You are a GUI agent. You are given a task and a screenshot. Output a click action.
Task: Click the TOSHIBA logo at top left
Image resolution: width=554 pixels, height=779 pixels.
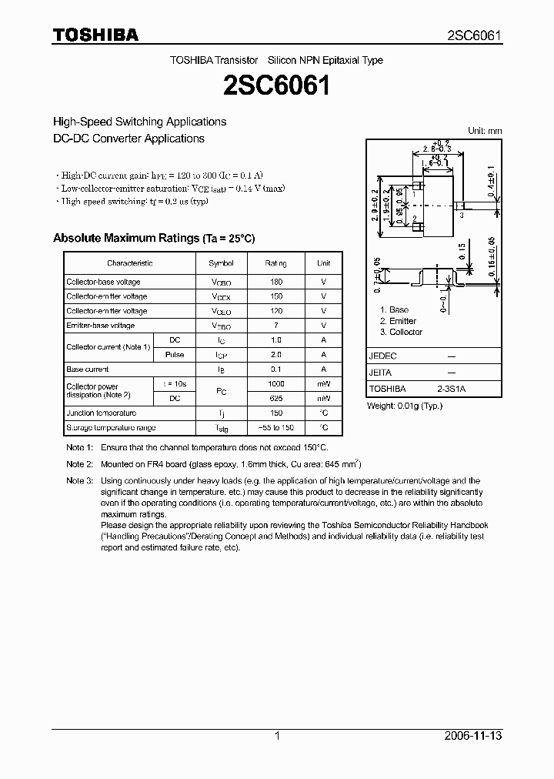coord(95,35)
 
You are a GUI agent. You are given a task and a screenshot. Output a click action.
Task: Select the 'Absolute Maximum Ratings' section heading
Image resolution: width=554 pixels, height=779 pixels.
coord(153,238)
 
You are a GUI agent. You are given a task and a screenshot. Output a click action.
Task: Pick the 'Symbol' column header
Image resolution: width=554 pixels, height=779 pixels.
coord(222,263)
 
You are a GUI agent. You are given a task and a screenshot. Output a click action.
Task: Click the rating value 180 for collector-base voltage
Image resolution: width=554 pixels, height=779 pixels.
coord(276,282)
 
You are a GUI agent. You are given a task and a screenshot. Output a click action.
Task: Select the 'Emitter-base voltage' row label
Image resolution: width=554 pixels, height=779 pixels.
coord(100,326)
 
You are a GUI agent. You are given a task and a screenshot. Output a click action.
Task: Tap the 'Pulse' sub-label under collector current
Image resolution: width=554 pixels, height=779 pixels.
coord(175,355)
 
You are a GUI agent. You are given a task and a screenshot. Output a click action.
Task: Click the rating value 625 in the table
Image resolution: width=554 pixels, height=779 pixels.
coord(276,399)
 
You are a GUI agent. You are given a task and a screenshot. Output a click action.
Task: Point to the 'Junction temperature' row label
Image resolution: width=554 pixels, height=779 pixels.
coord(101,413)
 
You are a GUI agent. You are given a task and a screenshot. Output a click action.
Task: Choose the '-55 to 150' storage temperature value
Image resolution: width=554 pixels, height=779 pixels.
coord(276,428)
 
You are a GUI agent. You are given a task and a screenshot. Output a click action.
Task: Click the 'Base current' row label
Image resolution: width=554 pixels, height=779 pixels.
coord(88,369)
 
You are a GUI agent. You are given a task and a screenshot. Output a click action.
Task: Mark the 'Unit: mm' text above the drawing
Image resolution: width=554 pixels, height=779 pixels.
coord(485,131)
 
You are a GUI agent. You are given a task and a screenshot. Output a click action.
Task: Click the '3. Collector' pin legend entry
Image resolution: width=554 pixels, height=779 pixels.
coord(401,332)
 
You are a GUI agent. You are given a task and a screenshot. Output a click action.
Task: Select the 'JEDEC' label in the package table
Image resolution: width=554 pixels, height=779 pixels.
coord(382,357)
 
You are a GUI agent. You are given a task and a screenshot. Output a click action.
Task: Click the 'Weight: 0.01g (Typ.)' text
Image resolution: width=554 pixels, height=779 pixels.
coord(405,405)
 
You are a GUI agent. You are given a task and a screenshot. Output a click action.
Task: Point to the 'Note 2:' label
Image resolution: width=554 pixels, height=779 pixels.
coord(79,464)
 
